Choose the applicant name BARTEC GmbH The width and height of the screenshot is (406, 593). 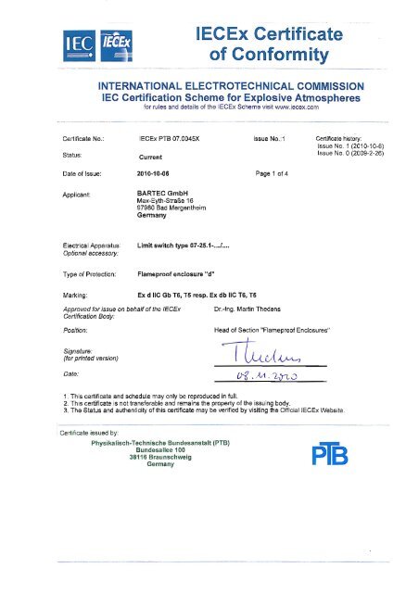[x=163, y=193]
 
